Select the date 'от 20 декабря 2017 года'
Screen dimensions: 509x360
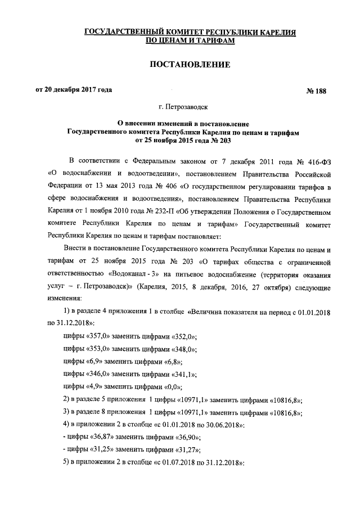(x=74, y=89)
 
